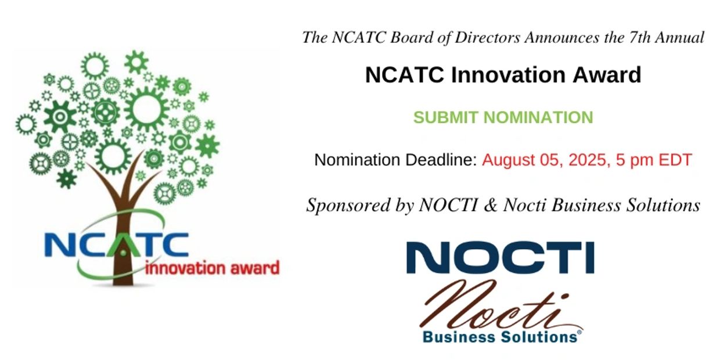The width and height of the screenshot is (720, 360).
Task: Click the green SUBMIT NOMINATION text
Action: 503,117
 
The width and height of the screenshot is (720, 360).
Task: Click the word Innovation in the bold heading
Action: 508,75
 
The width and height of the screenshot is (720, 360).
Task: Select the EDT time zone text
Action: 675,160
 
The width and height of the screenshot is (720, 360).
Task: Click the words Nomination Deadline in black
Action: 395,160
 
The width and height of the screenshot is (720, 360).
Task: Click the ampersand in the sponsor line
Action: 490,205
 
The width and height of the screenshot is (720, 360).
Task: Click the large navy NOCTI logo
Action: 501,257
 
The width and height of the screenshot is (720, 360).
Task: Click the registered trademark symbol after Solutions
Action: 579,332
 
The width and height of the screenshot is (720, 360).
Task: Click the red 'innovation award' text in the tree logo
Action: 213,268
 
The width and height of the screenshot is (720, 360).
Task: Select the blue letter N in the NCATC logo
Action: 59,244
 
